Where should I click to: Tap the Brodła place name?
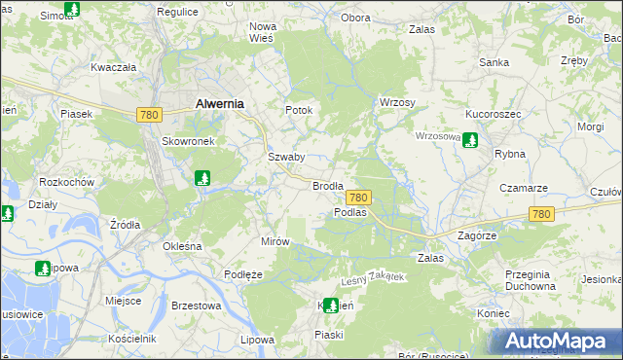pos(328,185)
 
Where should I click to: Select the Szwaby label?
pos(286,157)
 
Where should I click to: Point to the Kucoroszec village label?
pos(494,114)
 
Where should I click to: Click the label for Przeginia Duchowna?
pos(531,280)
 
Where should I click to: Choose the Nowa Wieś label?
pos(263,32)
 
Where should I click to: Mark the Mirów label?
pos(275,240)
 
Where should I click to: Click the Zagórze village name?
pos(477,235)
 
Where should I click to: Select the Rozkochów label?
pos(66,182)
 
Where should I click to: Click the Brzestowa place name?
pos(196,305)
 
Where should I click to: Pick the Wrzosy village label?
pos(397,103)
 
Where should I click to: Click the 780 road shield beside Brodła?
pos(358,197)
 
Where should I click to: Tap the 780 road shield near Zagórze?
pos(541,214)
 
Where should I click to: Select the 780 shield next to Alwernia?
pos(149,115)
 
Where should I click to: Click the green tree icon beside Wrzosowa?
pos(471,140)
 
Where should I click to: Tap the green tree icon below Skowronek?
pos(202,178)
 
